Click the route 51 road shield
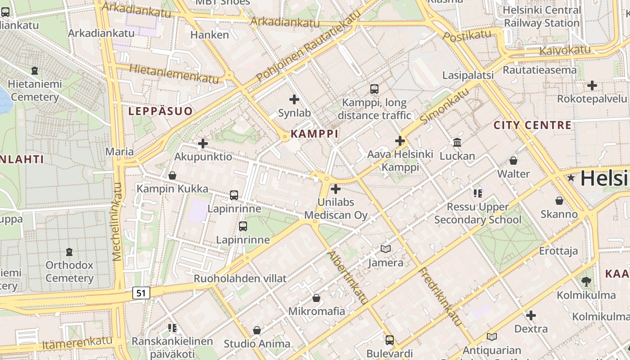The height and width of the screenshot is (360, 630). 141,293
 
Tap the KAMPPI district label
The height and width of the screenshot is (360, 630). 315,134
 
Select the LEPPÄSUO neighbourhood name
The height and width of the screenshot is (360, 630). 160,111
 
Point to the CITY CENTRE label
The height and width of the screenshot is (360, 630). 532,125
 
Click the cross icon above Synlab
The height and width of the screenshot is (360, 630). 294,99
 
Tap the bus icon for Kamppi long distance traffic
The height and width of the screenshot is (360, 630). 374,89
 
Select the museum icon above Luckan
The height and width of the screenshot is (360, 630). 457,142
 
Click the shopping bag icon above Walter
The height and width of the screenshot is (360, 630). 513,160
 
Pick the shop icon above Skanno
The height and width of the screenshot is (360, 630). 559,201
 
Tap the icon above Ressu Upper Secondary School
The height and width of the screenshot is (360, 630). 477,193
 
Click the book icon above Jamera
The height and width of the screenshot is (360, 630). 385,249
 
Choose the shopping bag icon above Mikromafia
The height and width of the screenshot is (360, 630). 316,298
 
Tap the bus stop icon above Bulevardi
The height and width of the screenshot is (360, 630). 390,340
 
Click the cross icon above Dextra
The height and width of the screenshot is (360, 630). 531,315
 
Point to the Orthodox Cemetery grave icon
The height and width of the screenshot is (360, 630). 69,252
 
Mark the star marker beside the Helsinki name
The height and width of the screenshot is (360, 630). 571,178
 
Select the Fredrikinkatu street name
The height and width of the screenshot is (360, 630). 441,297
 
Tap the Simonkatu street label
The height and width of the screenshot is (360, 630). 444,107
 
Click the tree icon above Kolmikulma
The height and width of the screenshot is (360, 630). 586,282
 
